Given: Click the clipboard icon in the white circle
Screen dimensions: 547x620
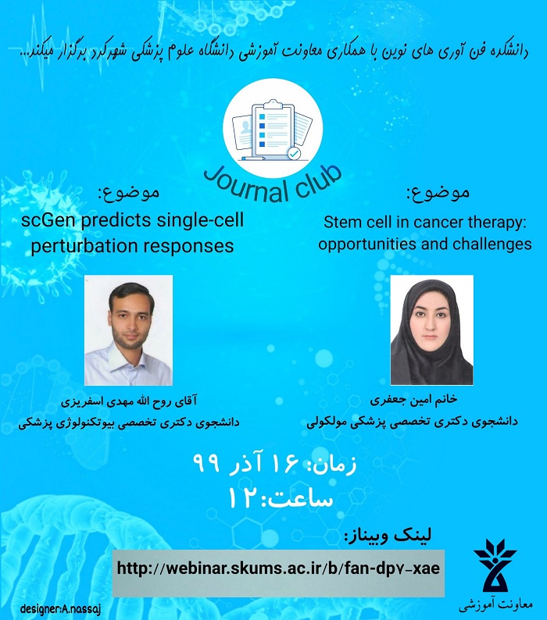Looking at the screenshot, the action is (272, 130).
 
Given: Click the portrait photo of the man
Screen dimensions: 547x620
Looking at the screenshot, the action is (129, 330).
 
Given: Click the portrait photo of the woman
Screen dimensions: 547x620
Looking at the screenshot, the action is (432, 330).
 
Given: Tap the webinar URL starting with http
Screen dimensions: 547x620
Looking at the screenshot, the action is (278, 568).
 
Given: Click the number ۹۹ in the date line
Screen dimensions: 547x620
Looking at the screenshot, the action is (206, 463).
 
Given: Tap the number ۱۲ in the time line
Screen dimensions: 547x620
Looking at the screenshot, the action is (241, 498).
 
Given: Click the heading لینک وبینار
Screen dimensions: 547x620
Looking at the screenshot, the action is (388, 536).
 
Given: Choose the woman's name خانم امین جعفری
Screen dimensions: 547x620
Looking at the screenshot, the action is (413, 400).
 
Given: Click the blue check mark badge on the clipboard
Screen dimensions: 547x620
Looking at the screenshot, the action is (293, 154).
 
